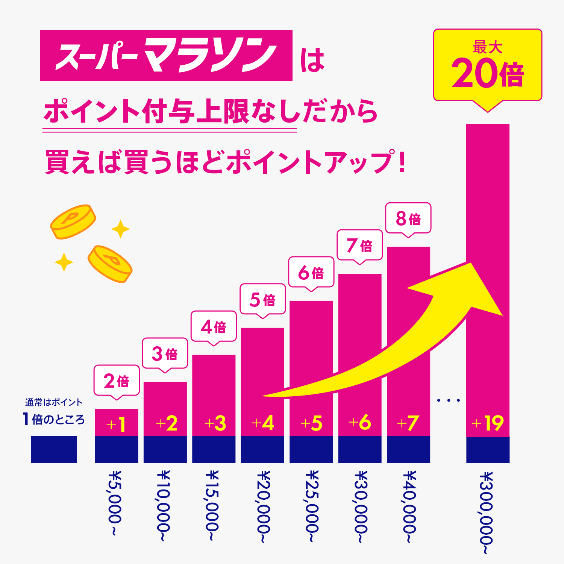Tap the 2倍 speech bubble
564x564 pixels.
tap(117, 381)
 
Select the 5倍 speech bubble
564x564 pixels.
tap(262, 299)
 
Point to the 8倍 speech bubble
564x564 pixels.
tap(408, 218)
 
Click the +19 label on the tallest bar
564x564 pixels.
tap(487, 423)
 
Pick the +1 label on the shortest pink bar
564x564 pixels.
tap(116, 425)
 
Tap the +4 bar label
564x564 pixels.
tap(262, 423)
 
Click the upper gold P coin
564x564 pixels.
tap(73, 221)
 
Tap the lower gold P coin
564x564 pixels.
tap(110, 264)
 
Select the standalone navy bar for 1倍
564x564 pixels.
tap(54, 449)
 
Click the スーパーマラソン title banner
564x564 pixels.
tap(166, 55)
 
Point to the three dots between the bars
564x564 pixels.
tap(448, 400)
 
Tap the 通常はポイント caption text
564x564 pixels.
tap(54, 402)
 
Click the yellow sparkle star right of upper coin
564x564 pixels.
tap(120, 229)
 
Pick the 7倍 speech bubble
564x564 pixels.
tap(359, 245)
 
